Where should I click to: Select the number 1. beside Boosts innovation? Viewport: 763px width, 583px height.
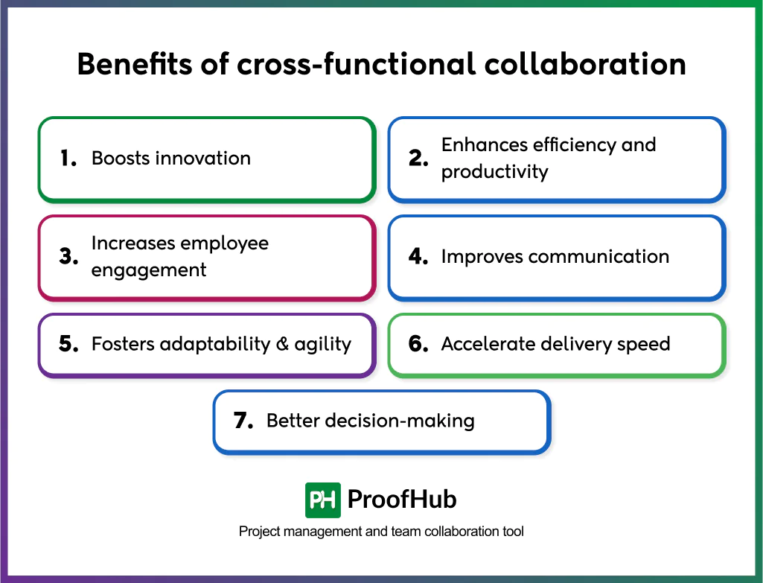[x=68, y=159]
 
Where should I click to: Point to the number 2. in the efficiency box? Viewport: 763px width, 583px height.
[x=418, y=159]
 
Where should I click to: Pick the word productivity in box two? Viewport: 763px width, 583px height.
[x=494, y=172]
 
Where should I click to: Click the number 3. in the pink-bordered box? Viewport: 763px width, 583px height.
[x=68, y=257]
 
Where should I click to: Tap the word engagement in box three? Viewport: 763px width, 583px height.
[x=149, y=270]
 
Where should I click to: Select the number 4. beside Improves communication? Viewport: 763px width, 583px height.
[x=418, y=257]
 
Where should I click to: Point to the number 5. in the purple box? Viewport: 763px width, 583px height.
[x=68, y=345]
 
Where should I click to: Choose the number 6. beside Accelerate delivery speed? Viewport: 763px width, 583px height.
[x=418, y=345]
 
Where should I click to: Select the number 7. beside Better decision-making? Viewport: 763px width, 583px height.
[x=244, y=421]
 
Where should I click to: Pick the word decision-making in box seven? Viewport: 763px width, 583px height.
[x=402, y=421]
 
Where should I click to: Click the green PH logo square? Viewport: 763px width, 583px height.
[x=323, y=500]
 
